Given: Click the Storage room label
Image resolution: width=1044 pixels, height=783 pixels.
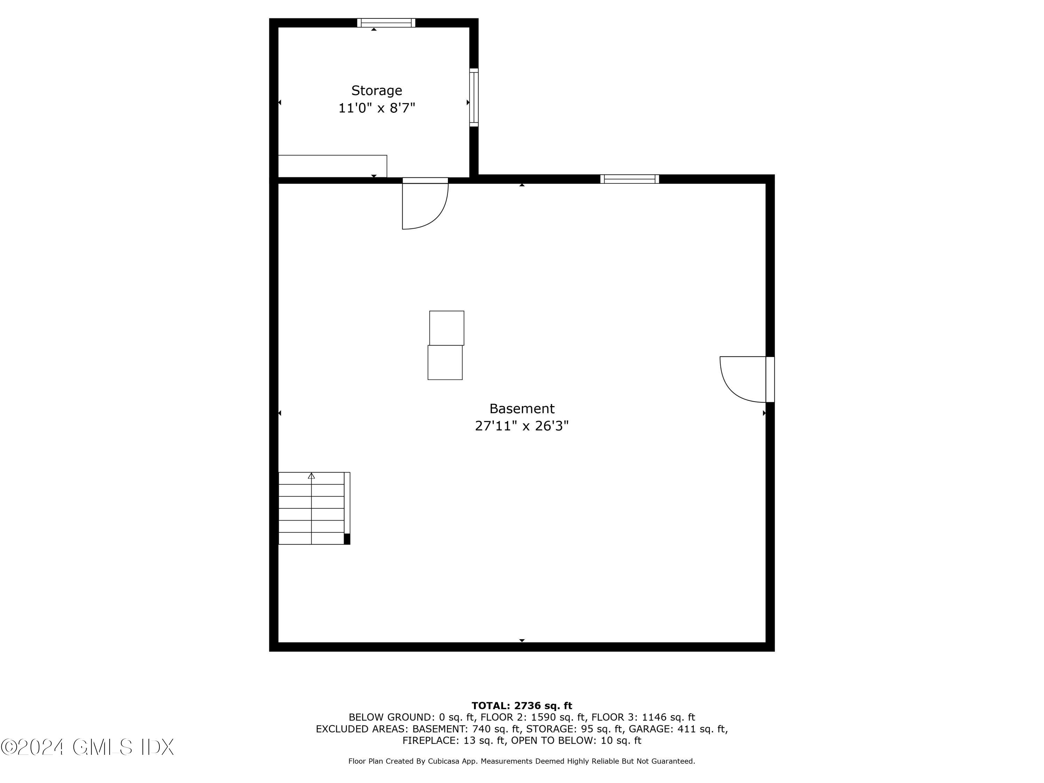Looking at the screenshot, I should (x=376, y=90).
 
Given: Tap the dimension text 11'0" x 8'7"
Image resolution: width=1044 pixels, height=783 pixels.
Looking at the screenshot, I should (x=376, y=108).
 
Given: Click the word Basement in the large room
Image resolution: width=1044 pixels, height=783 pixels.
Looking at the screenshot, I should (x=522, y=408).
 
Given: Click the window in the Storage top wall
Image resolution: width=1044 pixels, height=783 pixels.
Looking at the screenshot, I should (x=386, y=23).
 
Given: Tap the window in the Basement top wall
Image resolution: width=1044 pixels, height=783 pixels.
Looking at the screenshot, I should (x=629, y=179).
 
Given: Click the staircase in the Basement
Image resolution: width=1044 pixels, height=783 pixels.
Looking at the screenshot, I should (x=311, y=509).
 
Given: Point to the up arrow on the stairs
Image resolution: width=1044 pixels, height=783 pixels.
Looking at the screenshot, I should (x=311, y=476).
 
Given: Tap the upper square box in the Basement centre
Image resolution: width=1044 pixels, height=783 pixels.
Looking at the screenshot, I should (x=446, y=328).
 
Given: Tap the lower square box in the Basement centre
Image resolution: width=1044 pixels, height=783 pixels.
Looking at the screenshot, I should (x=445, y=363).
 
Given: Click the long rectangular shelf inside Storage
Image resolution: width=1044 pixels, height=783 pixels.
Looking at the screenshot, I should (x=332, y=166).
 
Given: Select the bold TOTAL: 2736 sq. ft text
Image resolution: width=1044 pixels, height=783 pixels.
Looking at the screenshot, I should (x=522, y=706).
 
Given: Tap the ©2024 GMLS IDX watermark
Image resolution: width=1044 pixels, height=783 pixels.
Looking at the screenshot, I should (x=87, y=747).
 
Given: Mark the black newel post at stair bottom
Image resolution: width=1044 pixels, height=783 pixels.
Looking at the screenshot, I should (x=347, y=539).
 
